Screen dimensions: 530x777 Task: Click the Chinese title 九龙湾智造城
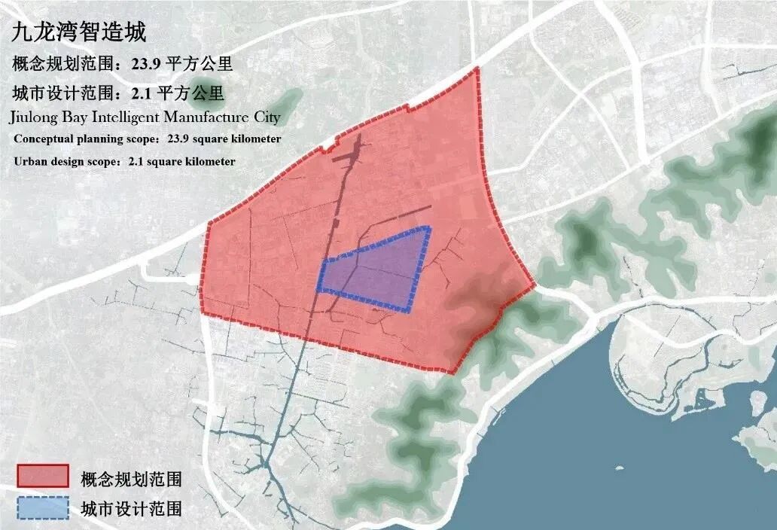[x=78, y=33]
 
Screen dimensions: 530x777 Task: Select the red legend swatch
[x=42, y=477]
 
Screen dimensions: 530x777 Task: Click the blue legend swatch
[x=42, y=509]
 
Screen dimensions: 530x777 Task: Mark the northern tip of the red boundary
[x=477, y=69]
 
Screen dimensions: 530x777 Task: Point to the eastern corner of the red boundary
[x=534, y=285]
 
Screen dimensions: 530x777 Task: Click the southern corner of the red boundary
[x=452, y=373]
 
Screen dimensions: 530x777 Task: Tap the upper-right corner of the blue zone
[x=429, y=227]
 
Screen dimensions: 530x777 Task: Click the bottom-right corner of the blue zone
[x=410, y=310]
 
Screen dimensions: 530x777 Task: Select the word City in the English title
[x=264, y=117]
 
